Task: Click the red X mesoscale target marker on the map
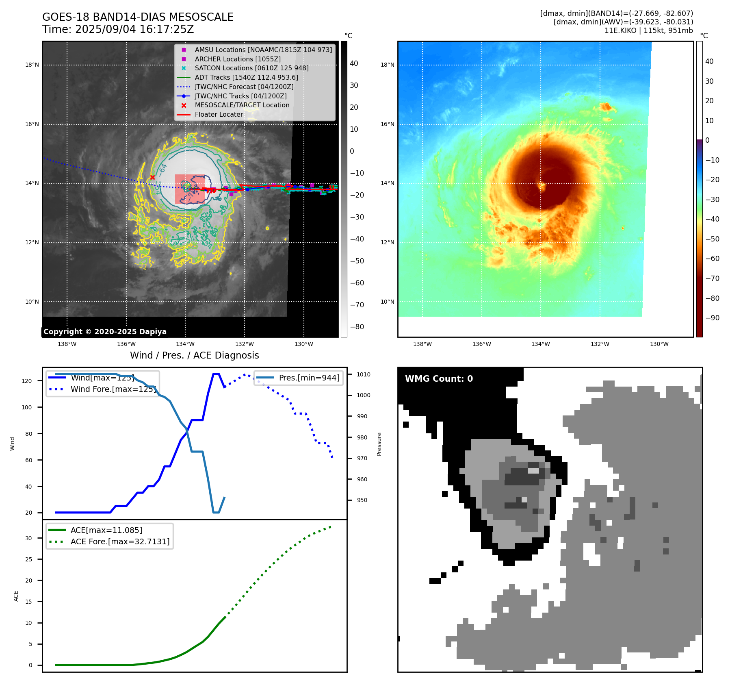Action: tap(152, 177)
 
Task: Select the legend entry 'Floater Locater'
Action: tap(219, 115)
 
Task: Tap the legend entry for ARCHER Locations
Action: tap(237, 59)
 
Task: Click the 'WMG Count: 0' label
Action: tap(439, 378)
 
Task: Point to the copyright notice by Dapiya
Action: tap(105, 332)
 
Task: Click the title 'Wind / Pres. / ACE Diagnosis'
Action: tap(194, 355)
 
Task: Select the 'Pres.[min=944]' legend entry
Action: tap(309, 378)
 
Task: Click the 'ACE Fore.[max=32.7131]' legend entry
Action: tap(120, 541)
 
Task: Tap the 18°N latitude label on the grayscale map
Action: tap(32, 65)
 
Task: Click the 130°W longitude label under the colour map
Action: tap(659, 344)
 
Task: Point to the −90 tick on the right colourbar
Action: tap(712, 318)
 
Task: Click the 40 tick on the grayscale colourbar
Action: tap(354, 63)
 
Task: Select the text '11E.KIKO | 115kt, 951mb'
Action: tap(648, 30)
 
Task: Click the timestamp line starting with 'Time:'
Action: tap(118, 30)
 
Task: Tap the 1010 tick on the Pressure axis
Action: tap(364, 374)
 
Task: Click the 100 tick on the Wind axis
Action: tap(27, 407)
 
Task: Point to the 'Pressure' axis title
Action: tap(379, 444)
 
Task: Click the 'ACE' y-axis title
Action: tap(16, 596)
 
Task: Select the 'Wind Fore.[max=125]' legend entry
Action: tap(113, 389)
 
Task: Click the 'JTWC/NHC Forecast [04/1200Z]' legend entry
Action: tap(244, 87)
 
